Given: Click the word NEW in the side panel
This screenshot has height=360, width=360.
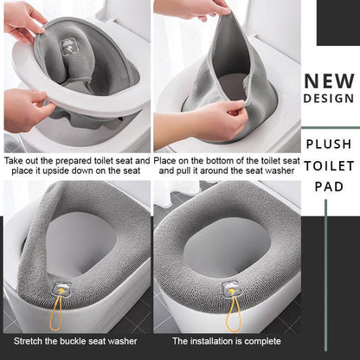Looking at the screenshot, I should (330, 82).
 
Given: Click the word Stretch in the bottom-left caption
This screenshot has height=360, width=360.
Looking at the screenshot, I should (29, 342).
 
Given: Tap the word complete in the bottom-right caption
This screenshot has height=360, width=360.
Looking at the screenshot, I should (260, 342).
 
